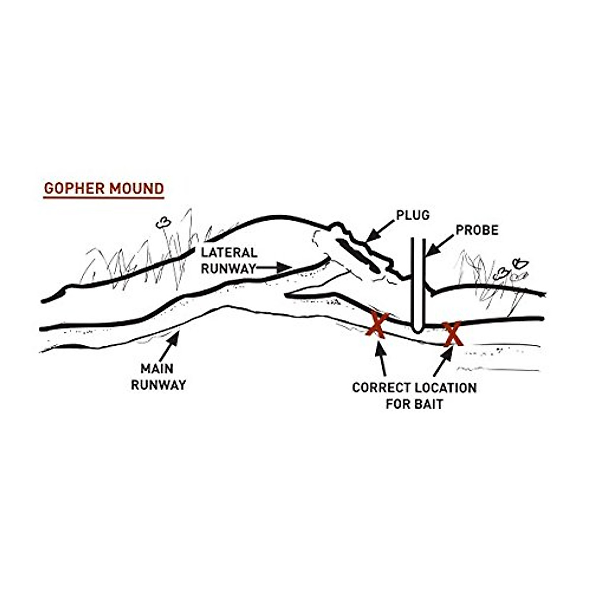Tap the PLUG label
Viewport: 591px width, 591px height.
click(x=413, y=215)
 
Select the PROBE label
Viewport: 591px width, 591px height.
click(x=477, y=230)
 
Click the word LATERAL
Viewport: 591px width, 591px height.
click(x=229, y=253)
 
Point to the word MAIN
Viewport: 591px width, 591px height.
click(x=157, y=368)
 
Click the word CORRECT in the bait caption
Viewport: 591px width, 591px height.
click(x=381, y=388)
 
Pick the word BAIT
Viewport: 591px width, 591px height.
click(x=429, y=404)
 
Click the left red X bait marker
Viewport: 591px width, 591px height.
click(x=378, y=325)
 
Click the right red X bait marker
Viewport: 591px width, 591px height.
click(x=452, y=333)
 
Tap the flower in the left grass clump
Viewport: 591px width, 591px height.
click(x=163, y=223)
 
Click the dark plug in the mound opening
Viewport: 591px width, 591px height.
click(x=358, y=256)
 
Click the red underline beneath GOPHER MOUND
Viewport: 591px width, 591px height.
click(x=103, y=198)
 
